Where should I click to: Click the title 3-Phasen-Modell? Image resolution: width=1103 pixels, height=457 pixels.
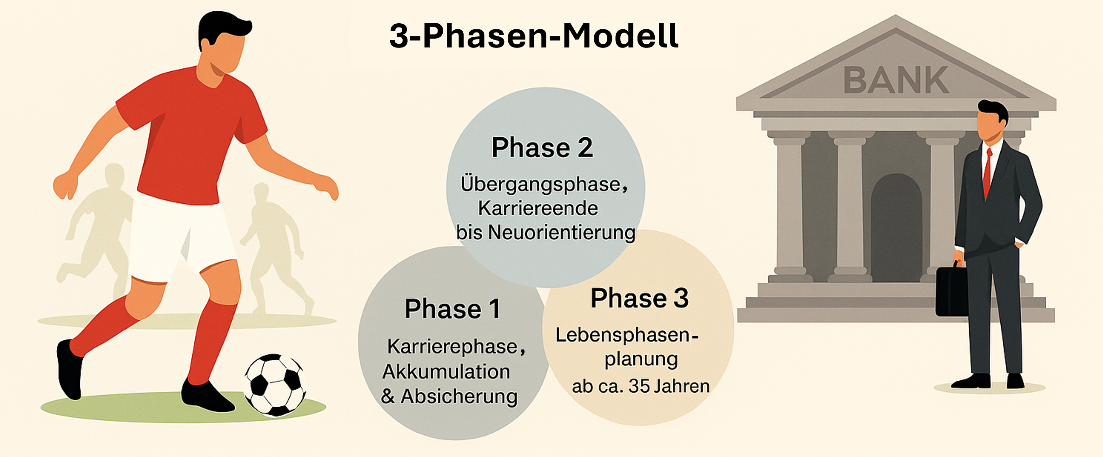click(x=534, y=36)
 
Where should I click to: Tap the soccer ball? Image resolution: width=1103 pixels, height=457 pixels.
click(x=275, y=385)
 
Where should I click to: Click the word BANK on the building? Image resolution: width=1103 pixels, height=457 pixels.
click(x=896, y=80)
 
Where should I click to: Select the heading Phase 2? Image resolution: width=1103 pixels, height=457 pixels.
click(x=542, y=148)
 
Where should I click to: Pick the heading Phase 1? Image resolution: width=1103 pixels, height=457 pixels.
click(x=452, y=309)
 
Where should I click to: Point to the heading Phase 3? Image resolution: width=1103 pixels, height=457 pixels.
click(x=639, y=298)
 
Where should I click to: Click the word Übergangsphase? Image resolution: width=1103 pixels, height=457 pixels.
click(x=541, y=185)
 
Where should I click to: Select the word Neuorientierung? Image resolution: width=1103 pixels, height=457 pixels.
click(x=562, y=232)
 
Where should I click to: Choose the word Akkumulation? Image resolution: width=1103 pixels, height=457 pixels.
click(x=446, y=371)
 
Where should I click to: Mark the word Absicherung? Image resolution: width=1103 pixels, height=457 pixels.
click(x=459, y=397)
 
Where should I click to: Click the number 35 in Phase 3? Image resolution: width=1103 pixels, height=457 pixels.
click(x=639, y=386)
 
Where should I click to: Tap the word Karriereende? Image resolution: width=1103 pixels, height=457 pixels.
click(x=538, y=208)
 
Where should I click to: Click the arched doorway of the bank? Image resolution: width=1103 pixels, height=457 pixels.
click(x=896, y=228)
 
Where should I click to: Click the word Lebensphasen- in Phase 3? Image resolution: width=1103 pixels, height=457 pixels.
click(x=627, y=335)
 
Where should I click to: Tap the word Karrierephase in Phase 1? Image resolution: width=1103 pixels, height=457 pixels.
click(x=452, y=347)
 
